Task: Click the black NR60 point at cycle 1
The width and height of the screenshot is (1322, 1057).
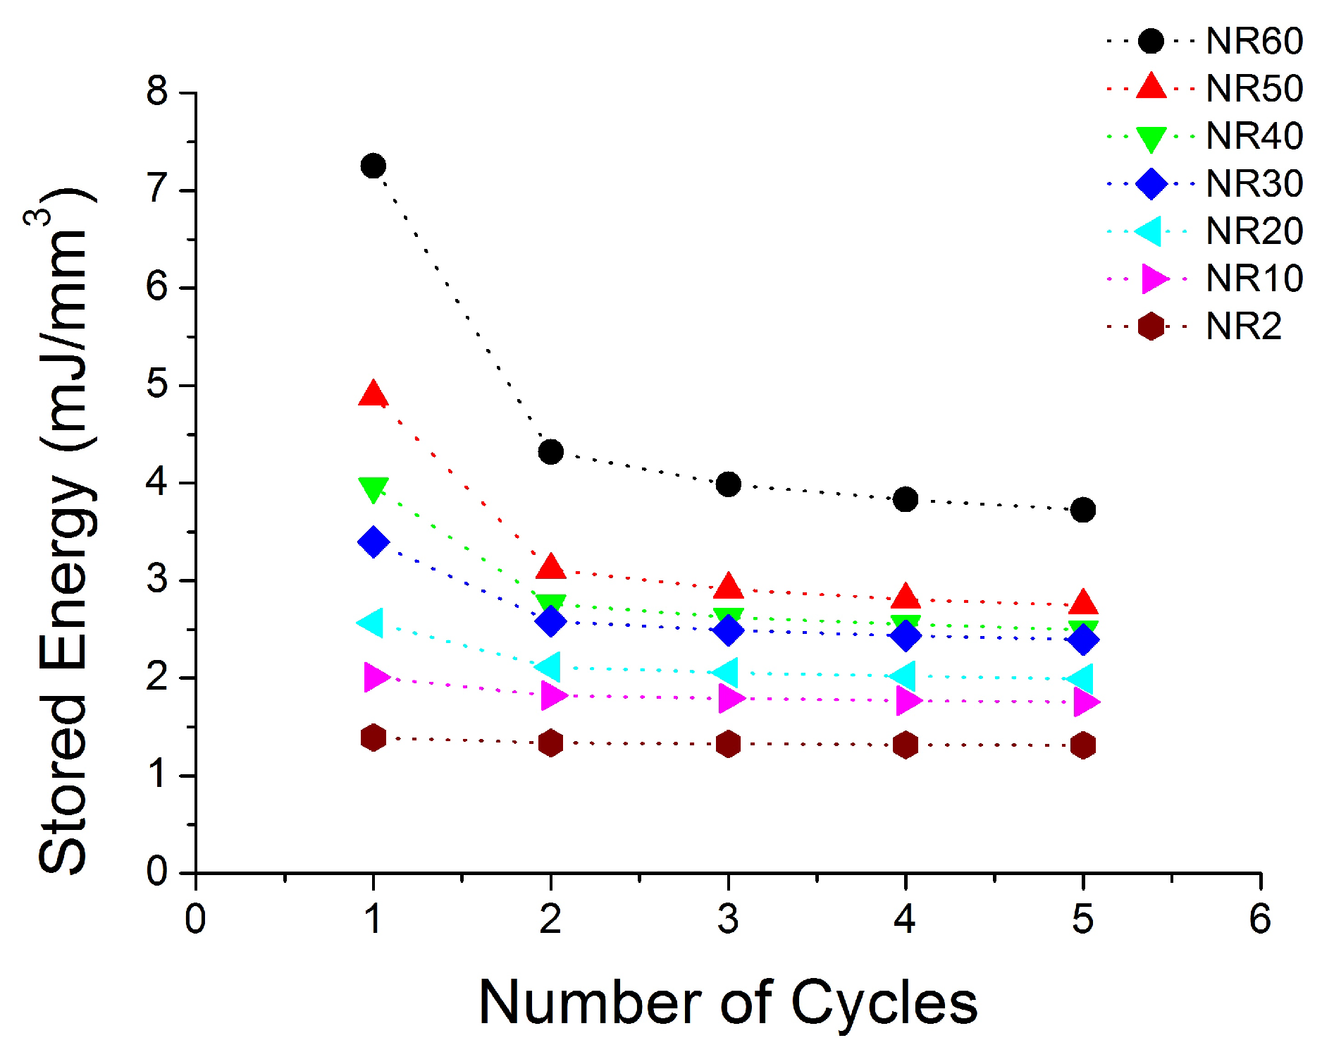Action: click(373, 166)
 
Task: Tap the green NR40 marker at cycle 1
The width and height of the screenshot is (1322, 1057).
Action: click(373, 488)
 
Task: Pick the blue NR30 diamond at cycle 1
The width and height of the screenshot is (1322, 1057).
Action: click(373, 542)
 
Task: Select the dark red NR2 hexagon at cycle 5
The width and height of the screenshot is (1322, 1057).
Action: click(1083, 745)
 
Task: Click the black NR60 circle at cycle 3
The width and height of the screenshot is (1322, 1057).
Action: click(728, 484)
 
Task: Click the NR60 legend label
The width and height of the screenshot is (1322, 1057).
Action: click(1254, 42)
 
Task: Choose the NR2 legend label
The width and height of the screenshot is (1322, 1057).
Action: click(1244, 326)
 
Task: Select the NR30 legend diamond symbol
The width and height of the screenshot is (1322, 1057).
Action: click(1151, 184)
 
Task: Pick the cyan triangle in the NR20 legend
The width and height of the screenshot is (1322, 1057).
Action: click(1149, 231)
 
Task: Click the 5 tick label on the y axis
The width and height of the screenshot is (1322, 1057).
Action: click(157, 385)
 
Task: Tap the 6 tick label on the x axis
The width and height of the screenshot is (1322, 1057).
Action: click(1260, 919)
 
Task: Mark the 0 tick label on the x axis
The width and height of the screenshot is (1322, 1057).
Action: click(195, 919)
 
